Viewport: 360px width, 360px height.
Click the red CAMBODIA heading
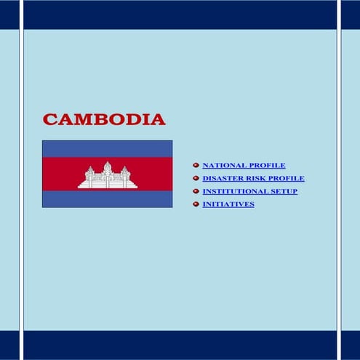click(x=104, y=119)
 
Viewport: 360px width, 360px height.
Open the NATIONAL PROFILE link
click(x=244, y=165)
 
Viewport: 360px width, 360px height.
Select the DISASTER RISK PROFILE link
click(x=253, y=178)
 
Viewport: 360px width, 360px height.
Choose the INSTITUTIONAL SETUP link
click(x=249, y=191)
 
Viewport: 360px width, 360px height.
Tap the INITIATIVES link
click(x=228, y=204)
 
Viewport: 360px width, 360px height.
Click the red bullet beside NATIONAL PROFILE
click(x=196, y=165)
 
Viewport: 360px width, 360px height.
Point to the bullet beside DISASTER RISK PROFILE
click(x=196, y=178)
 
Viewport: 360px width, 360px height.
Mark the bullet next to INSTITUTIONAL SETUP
click(x=196, y=191)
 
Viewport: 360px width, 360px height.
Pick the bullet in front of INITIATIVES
click(x=196, y=204)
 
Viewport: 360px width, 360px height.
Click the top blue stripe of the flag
click(x=107, y=148)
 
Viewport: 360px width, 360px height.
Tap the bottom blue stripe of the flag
click(x=107, y=199)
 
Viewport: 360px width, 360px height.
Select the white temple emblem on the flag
click(x=108, y=176)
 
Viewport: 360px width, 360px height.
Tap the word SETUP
click(x=283, y=191)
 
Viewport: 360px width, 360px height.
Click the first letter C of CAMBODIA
click(x=49, y=119)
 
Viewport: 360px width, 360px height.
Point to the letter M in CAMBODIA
click(x=81, y=119)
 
